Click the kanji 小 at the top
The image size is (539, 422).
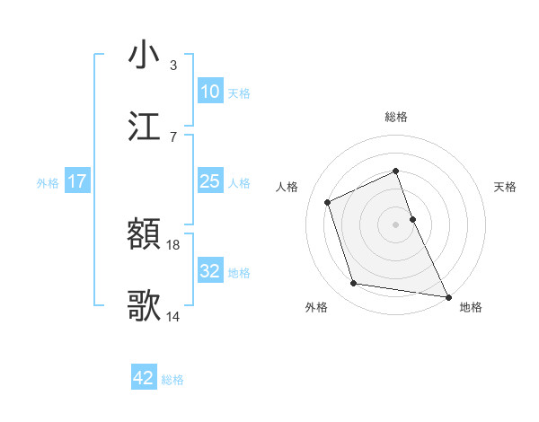[x=145, y=55]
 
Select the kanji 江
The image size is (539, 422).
[x=145, y=126]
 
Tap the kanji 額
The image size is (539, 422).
[x=145, y=236]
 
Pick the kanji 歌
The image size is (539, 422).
[x=145, y=306]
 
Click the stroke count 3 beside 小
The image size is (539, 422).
[x=173, y=66]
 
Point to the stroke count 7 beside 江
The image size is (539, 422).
[x=173, y=136]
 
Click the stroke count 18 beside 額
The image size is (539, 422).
[x=173, y=245]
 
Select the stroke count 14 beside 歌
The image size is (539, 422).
[x=173, y=316]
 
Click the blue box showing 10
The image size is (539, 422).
[x=209, y=92]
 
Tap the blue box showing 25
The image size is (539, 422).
[x=209, y=181]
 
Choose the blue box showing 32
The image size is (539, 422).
[x=209, y=270]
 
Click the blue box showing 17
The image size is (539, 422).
[x=77, y=181]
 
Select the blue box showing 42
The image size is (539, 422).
[x=144, y=378]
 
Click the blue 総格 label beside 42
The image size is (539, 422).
[x=172, y=380]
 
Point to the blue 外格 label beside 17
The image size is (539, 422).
[x=48, y=183]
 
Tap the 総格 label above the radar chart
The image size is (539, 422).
[x=396, y=117]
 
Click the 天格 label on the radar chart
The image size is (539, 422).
[x=505, y=187]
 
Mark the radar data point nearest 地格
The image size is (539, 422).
[x=447, y=295]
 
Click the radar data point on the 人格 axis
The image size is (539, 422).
[x=328, y=202]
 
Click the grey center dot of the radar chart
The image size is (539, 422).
[x=396, y=224]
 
